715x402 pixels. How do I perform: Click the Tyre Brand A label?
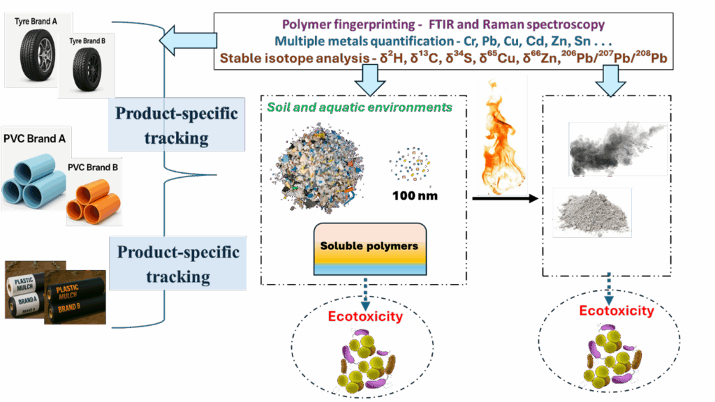(x=36, y=22)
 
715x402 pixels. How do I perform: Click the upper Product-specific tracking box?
(x=176, y=126)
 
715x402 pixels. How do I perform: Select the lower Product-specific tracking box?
(x=178, y=264)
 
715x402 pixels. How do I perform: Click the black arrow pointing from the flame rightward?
(x=506, y=199)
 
